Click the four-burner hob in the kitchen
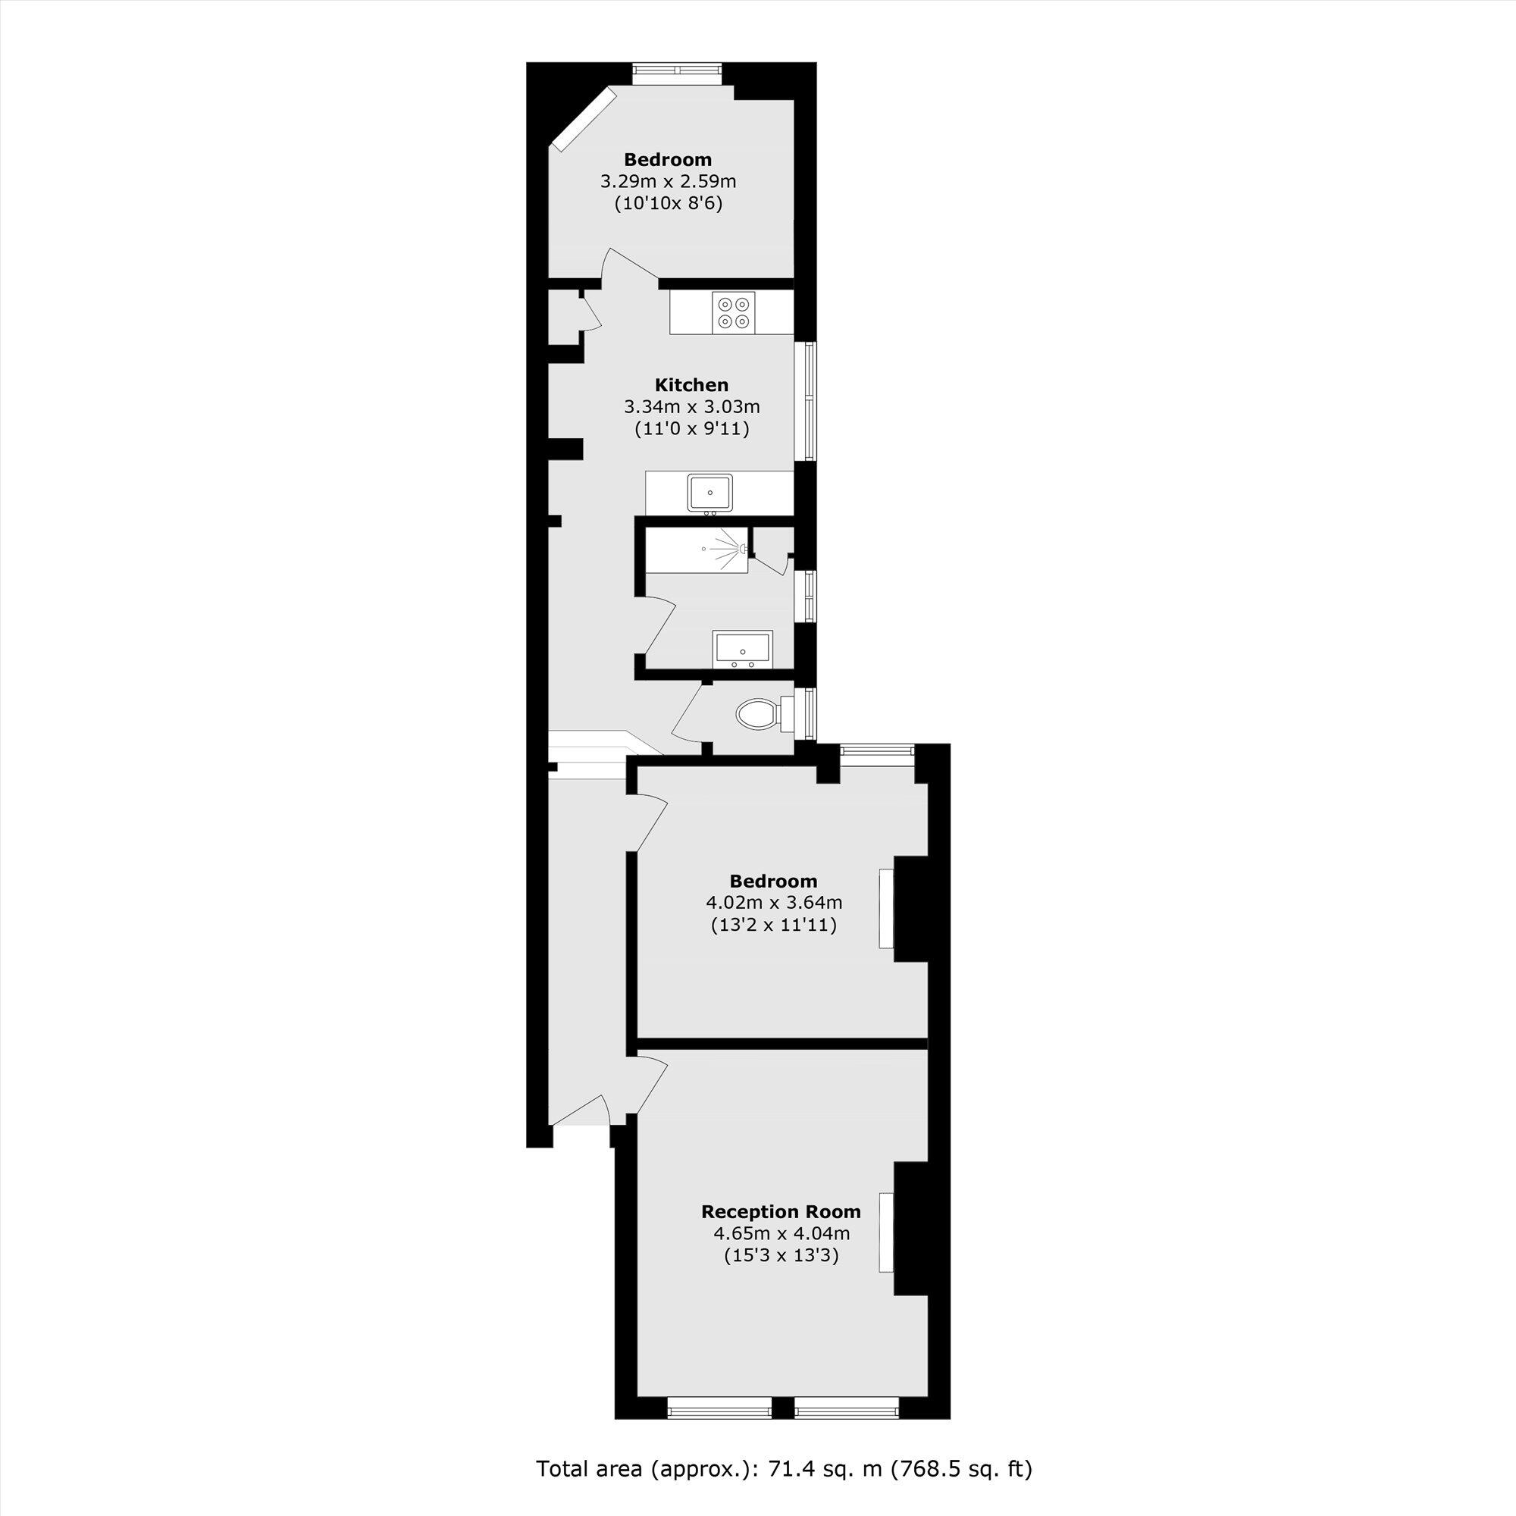pos(734,312)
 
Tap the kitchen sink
pos(709,493)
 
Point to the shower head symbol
pos(741,550)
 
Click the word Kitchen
pos(691,385)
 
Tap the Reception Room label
pos(781,1211)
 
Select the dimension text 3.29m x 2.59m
pos(668,182)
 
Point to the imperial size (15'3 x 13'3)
pos(781,1255)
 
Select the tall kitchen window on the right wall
pos(806,399)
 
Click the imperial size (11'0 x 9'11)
pos(691,429)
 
